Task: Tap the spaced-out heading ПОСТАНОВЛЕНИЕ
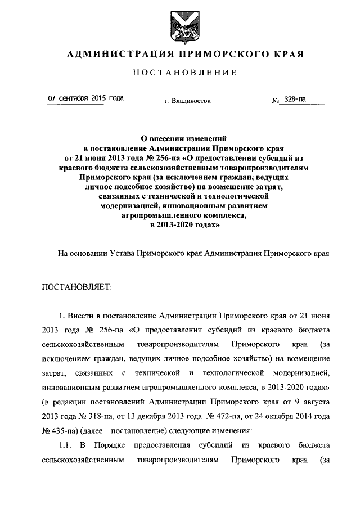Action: [180, 73]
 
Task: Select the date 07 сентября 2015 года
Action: [86, 98]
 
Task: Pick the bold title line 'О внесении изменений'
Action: [180, 137]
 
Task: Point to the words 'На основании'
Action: [81, 253]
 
